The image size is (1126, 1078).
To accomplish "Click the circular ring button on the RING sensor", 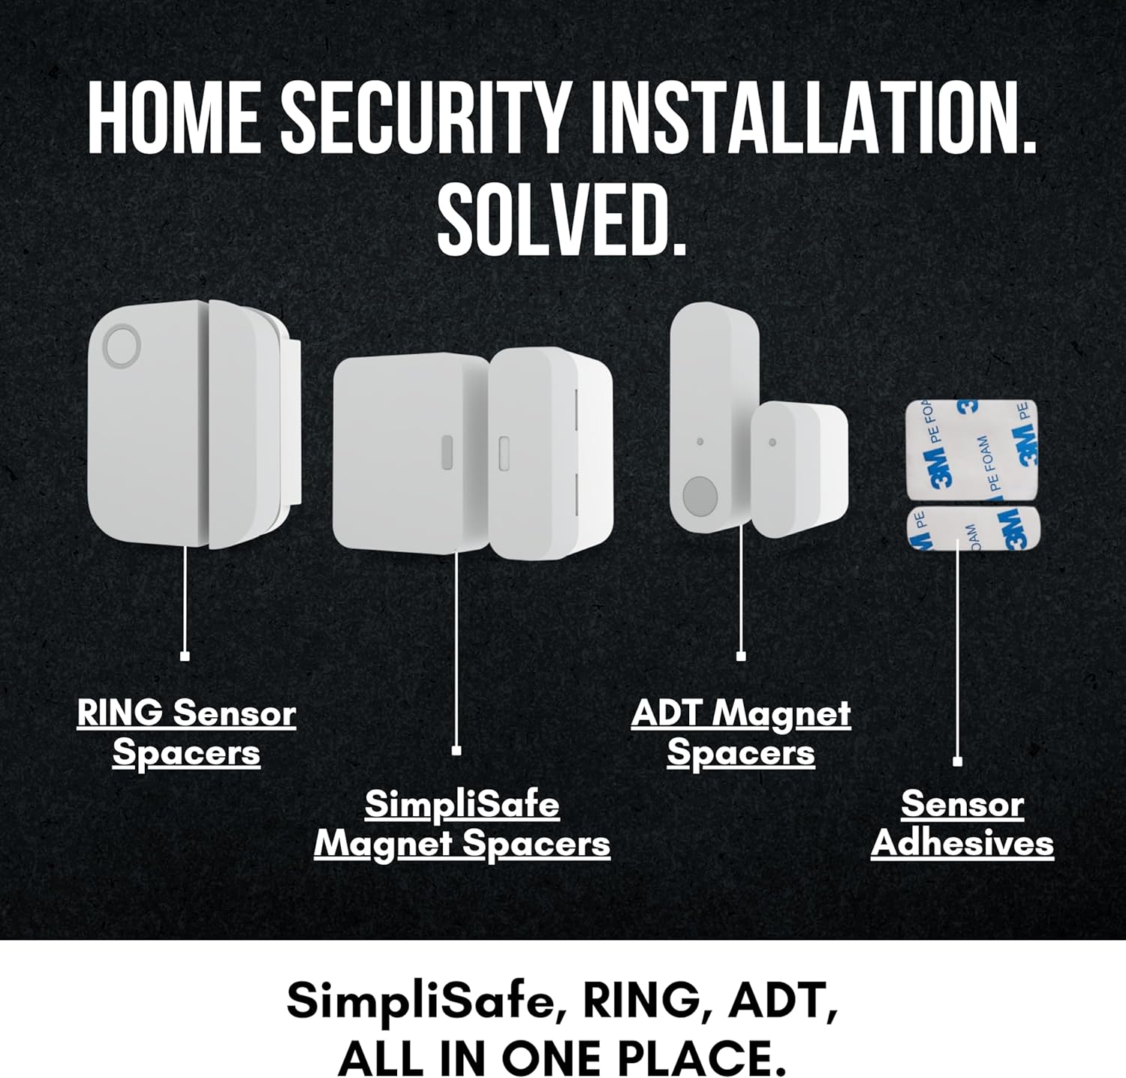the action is pyautogui.click(x=122, y=346).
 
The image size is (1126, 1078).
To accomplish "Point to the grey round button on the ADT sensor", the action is pyautogui.click(x=700, y=496).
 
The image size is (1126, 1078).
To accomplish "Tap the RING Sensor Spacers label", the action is pyautogui.click(x=187, y=733).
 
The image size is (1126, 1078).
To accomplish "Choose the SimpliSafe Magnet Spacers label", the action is pyautogui.click(x=462, y=824).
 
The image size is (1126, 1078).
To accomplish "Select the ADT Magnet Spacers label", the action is pyautogui.click(x=741, y=733).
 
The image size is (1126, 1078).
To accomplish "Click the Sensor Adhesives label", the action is pyautogui.click(x=962, y=824).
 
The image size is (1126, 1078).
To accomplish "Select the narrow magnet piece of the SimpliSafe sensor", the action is pyautogui.click(x=552, y=452).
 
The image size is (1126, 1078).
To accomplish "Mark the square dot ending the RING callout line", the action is pyautogui.click(x=185, y=656).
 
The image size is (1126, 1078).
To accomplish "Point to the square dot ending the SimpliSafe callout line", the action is pyautogui.click(x=456, y=750).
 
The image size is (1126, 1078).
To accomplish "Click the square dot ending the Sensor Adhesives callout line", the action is pyautogui.click(x=957, y=761).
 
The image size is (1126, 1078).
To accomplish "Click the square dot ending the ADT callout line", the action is pyautogui.click(x=741, y=656).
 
